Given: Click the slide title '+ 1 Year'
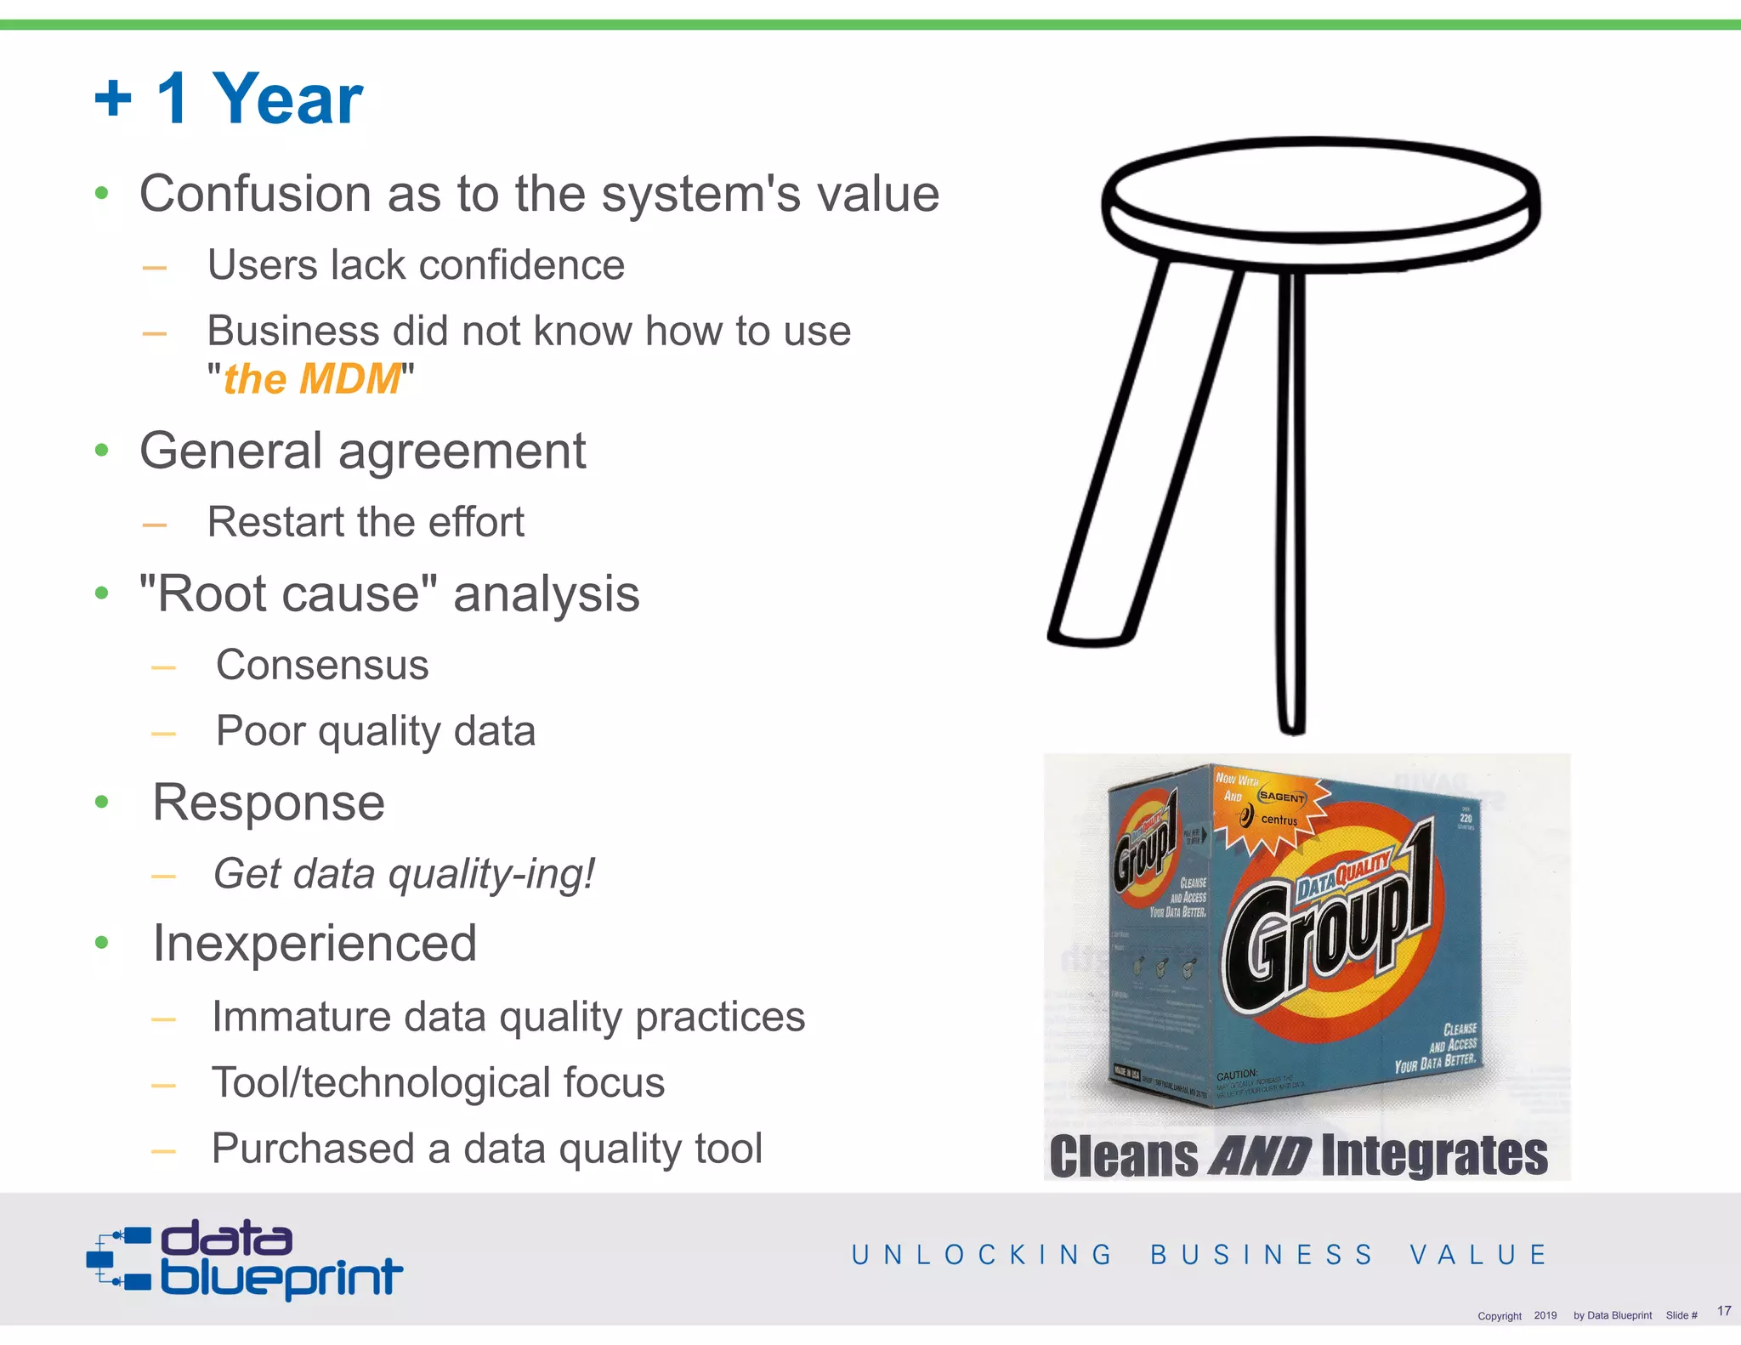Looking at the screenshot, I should pos(228,99).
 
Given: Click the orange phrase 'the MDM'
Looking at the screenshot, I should pos(311,379).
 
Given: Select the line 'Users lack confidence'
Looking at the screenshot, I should pos(416,265).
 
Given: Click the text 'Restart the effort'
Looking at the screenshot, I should pos(366,522).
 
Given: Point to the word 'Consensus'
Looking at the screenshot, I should pos(322,665).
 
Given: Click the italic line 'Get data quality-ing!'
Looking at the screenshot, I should pos(404,874).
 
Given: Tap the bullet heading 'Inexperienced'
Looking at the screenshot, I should pos(315,944).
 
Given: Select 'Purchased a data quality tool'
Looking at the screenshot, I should pos(486,1149).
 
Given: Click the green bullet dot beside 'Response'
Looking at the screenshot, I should pos(102,802).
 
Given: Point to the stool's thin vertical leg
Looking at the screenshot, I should pos(1292,502).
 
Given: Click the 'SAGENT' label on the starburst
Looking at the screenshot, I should pos(1281,797).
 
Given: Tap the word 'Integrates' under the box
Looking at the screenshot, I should pos(1435,1156).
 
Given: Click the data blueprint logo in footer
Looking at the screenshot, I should pos(245,1259).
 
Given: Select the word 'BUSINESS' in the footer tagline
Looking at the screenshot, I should pos(1262,1255).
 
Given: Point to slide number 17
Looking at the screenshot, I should pos(1723,1311).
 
